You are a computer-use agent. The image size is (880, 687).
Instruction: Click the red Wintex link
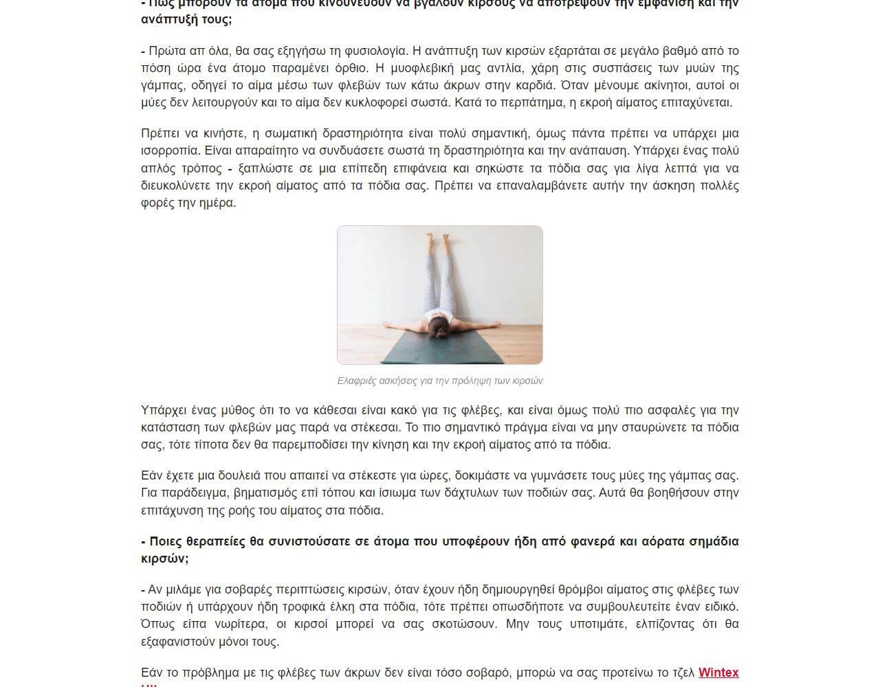point(718,673)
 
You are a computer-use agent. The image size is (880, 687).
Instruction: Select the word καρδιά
point(534,85)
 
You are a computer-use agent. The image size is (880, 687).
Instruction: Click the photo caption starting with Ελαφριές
point(440,381)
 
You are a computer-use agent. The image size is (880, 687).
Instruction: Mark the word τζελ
point(681,673)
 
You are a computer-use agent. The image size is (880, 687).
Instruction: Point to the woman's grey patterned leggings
point(438,282)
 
